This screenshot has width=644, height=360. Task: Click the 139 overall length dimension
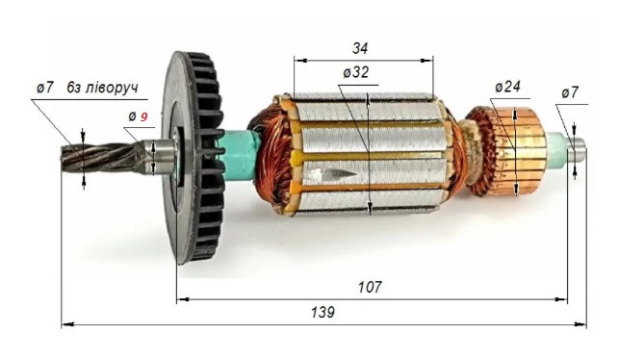click(323, 313)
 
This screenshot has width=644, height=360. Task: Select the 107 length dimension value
click(369, 287)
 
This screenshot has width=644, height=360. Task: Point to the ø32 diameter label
click(355, 72)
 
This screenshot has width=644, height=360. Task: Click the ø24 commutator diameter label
click(507, 87)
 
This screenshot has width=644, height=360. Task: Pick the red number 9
click(144, 116)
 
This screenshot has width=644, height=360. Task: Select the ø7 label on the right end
click(570, 92)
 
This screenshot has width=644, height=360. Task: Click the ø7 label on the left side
click(44, 88)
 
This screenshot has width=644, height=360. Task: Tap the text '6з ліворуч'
click(103, 88)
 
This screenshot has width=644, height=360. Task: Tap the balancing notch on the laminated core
click(328, 174)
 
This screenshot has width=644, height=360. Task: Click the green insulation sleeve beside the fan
click(237, 152)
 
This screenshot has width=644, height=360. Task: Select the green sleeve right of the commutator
click(555, 146)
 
